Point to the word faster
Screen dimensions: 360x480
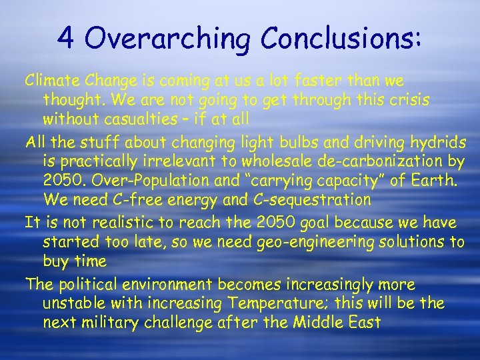[319, 81]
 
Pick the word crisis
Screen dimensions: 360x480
[407, 101]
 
